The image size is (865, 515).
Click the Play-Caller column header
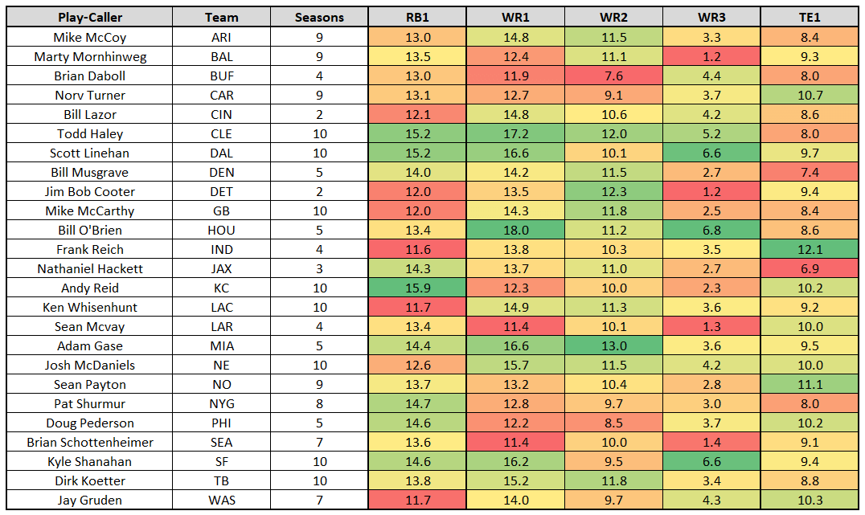[89, 17]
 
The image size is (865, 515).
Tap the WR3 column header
[712, 17]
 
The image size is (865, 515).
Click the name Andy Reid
[89, 288]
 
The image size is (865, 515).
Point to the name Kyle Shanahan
[89, 461]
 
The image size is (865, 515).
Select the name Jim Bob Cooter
[89, 191]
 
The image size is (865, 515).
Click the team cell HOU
[221, 230]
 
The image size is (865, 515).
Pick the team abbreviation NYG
[221, 403]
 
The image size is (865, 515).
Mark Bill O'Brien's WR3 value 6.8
[712, 230]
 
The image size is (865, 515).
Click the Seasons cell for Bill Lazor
[319, 114]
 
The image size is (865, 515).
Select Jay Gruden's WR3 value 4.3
[712, 500]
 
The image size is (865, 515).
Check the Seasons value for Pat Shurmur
[319, 403]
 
